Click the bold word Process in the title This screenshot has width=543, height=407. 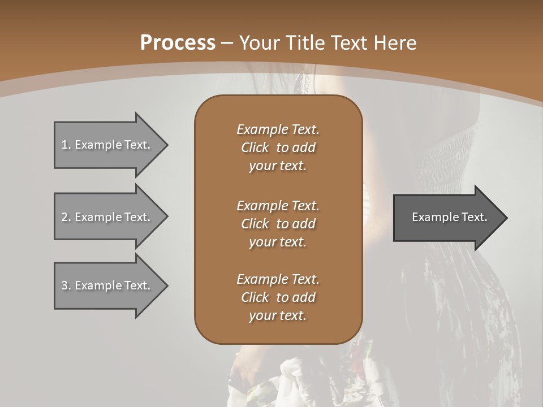(x=178, y=43)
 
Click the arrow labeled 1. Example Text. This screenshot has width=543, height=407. (x=107, y=145)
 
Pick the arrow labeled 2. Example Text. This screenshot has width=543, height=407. (x=107, y=217)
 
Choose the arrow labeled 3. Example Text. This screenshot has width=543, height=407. (x=107, y=285)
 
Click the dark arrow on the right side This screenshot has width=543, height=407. (x=447, y=218)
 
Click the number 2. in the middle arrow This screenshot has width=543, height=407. (x=66, y=217)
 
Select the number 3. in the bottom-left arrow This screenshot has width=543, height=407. (x=66, y=285)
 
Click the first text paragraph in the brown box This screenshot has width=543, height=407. (x=278, y=148)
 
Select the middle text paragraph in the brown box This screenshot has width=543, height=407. (x=278, y=224)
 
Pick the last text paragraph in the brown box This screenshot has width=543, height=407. (x=278, y=297)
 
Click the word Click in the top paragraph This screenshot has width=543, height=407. (x=255, y=148)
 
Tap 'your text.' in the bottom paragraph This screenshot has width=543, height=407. (x=278, y=316)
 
